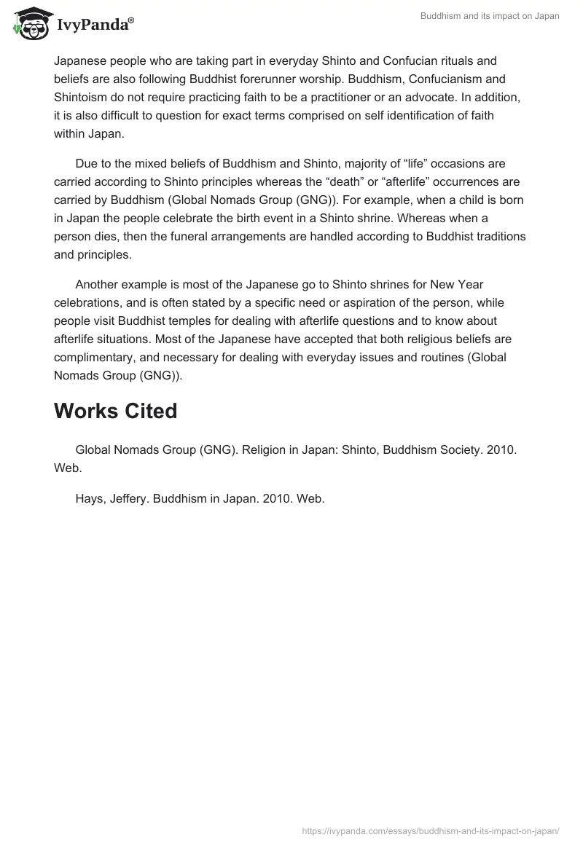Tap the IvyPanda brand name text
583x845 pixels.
click(x=93, y=26)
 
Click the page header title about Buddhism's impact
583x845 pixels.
click(x=490, y=16)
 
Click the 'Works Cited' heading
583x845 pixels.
click(x=115, y=412)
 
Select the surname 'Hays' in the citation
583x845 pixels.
click(x=90, y=499)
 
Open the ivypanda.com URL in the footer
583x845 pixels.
click(x=431, y=830)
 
